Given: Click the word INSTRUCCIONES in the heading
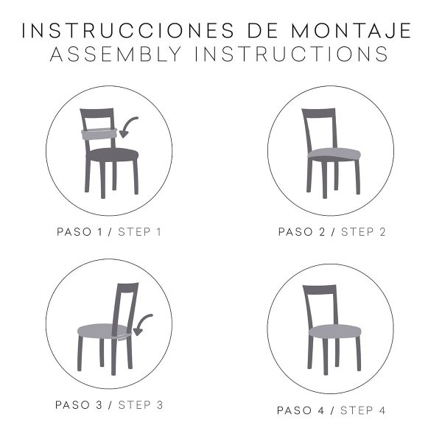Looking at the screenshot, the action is pos(127,30).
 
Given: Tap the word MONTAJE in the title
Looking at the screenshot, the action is pos(351,30).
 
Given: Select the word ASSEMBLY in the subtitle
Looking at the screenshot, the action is pos(116,54).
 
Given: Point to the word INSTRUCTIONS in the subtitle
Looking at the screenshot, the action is pos(292,54).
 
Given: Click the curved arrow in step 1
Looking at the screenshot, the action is pos(127,123).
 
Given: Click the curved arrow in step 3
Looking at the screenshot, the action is pos(141,322).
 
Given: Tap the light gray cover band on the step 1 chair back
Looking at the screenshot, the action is pos(99,134).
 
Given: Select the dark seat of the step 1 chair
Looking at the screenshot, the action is pos(113,155).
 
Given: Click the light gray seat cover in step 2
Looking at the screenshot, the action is pos(334,154).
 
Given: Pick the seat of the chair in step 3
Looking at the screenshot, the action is pos(103,331).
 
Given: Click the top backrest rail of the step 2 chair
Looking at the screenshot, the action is pos(319,113).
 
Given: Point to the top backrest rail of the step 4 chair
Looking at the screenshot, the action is pos(320,290).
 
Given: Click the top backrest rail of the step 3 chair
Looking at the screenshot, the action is pos(127,288).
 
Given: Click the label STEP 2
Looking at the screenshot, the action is pos(363,232).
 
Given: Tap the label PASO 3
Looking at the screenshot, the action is pos(79,405).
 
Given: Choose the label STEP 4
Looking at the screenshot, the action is pos(362,410).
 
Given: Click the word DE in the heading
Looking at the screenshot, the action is pos(259,30).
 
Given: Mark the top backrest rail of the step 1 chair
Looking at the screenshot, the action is pos(97,113).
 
